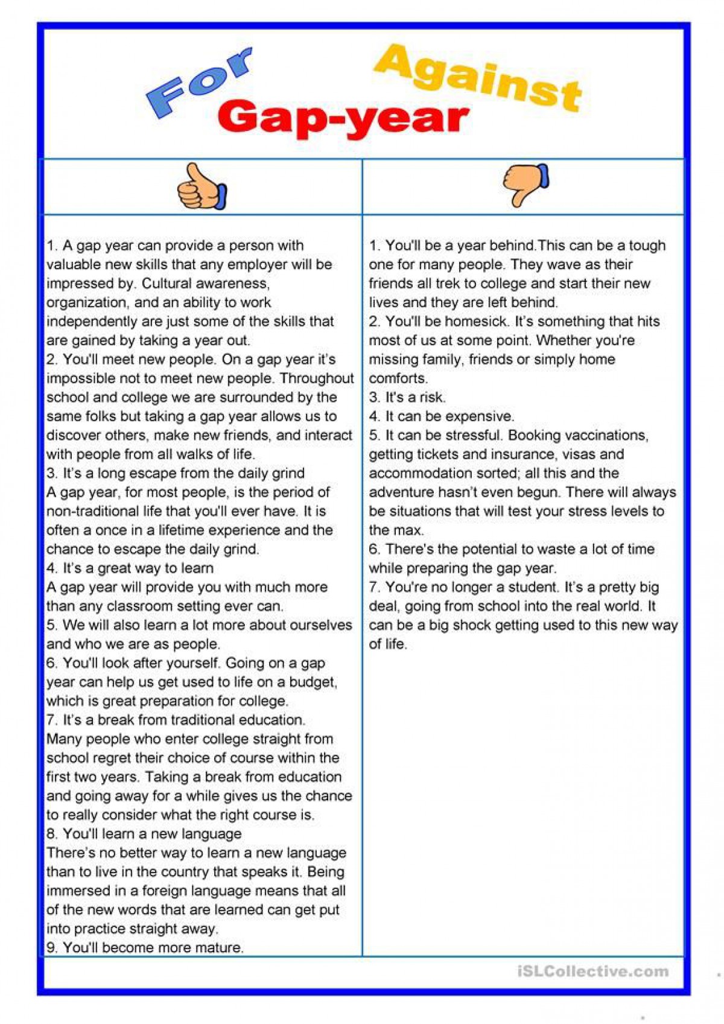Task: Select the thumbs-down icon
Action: (526, 184)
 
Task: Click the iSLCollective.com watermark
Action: (593, 971)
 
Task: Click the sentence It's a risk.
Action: (407, 397)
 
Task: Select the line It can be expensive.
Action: (442, 416)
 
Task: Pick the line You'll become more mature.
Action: (145, 947)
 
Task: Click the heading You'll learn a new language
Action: (144, 834)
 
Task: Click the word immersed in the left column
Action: (77, 891)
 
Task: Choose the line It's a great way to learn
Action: (130, 568)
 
